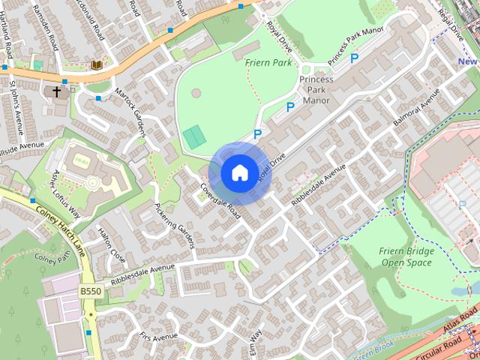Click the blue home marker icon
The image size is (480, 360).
pyautogui.click(x=238, y=173)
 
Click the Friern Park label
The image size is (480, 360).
pyautogui.click(x=268, y=63)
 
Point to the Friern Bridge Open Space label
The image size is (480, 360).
pyautogui.click(x=407, y=256)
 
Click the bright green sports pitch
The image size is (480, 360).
pyautogui.click(x=193, y=137)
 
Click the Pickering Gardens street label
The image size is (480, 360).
pyautogui.click(x=174, y=225)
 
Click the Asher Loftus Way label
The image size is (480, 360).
pyautogui.click(x=65, y=193)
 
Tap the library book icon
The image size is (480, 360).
pyautogui.click(x=97, y=65)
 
